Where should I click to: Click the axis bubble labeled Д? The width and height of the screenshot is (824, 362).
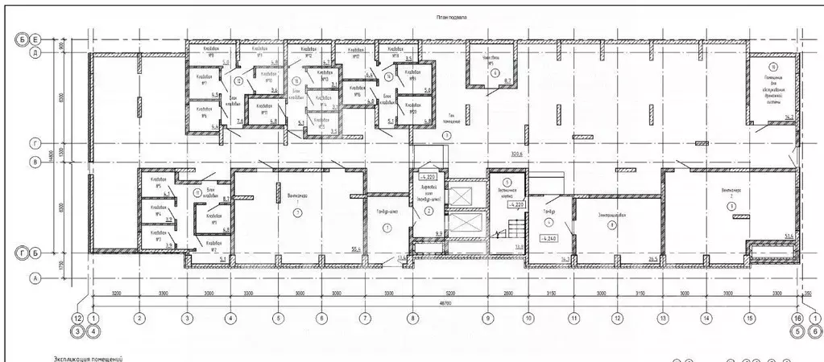click(x=35, y=55)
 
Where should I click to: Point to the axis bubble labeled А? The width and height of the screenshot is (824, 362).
click(x=35, y=278)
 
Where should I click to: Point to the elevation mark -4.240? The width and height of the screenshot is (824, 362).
click(x=550, y=239)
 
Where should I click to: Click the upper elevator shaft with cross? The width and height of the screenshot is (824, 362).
click(x=461, y=195)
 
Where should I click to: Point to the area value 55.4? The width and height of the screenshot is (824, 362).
click(x=354, y=250)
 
